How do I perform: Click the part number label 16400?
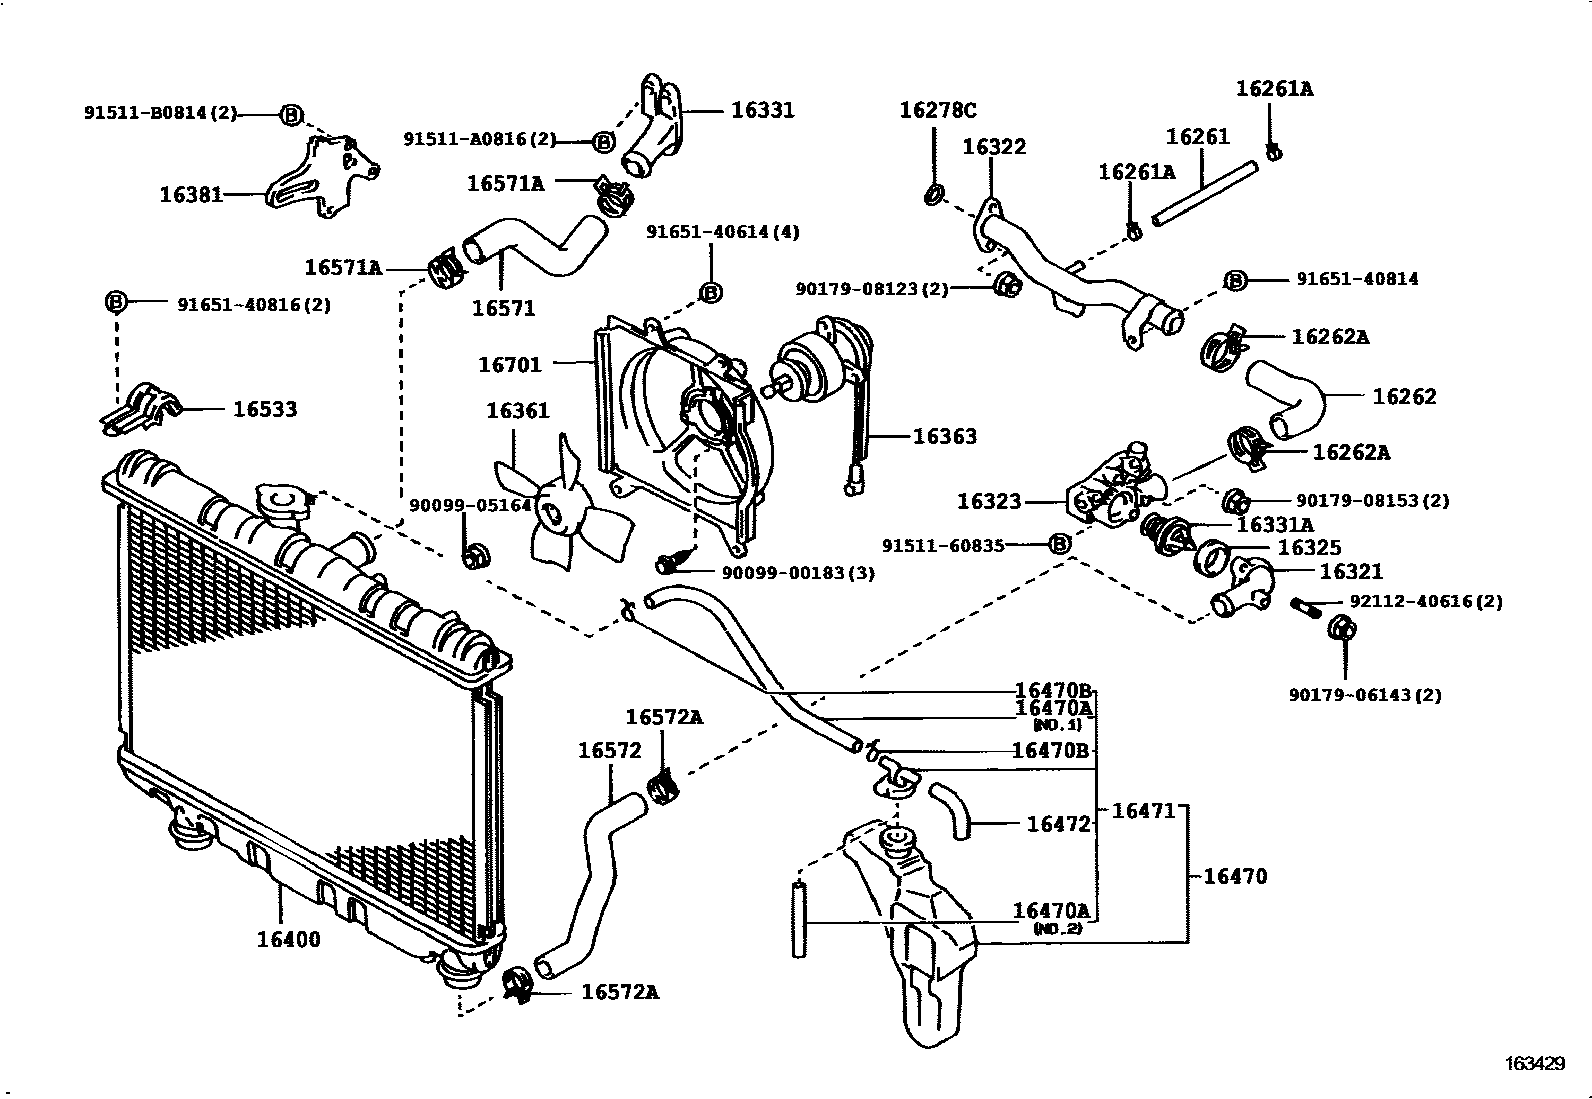288,939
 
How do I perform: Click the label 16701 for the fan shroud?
509,365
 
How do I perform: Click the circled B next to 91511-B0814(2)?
290,115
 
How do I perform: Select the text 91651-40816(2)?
254,304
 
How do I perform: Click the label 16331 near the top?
762,110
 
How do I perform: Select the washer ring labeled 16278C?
933,193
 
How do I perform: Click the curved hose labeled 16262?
1288,397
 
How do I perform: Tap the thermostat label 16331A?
1274,525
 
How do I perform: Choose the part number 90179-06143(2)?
1364,695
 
